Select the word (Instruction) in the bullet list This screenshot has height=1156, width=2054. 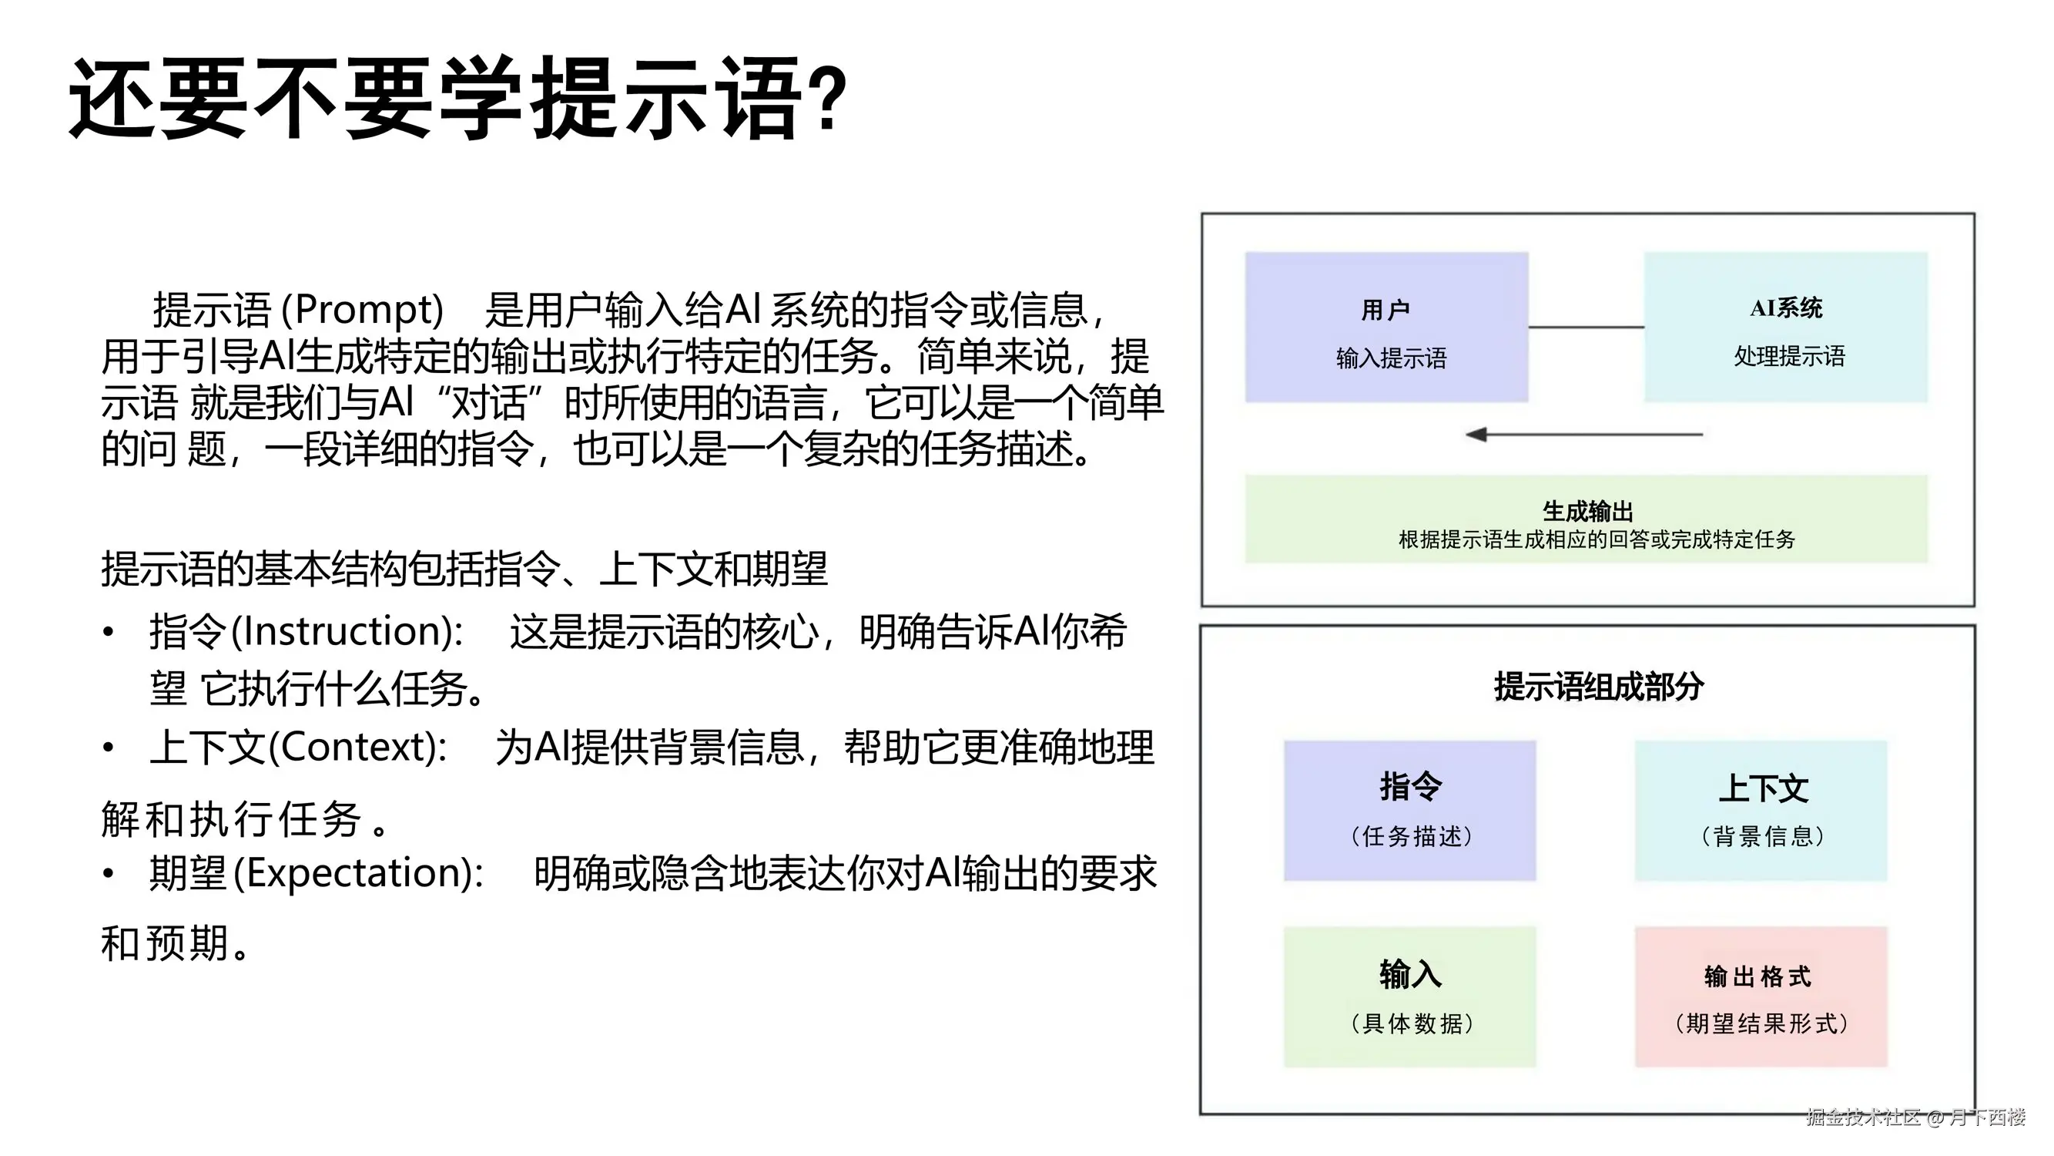tap(347, 631)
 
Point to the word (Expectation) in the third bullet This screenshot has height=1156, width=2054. tap(358, 873)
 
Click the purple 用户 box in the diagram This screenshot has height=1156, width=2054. tap(1386, 327)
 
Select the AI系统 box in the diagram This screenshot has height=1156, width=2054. tap(1785, 327)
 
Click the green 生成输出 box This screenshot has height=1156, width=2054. tap(1586, 519)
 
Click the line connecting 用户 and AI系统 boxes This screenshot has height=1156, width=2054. tap(1586, 327)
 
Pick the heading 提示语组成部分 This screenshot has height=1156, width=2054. tap(1598, 687)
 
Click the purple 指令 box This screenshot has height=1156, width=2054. tap(1409, 811)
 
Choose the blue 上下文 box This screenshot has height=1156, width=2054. tap(1761, 811)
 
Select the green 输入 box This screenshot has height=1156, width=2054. tap(1409, 996)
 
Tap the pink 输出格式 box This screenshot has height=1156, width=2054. tap(1761, 996)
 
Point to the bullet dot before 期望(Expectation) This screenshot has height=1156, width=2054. tap(109, 874)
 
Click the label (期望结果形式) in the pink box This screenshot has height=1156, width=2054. tap(1761, 1023)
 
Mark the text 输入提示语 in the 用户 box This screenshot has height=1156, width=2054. tap(1391, 358)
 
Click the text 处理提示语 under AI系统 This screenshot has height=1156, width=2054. tap(1788, 356)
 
